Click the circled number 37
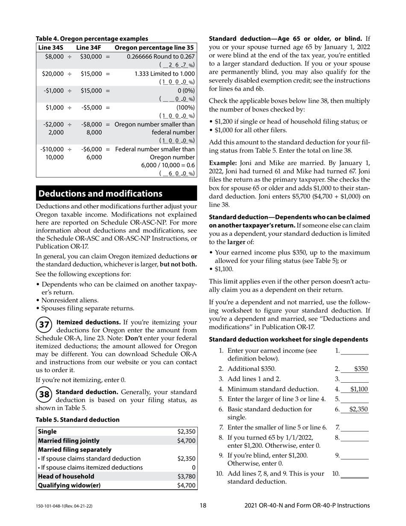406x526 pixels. [x=44, y=325]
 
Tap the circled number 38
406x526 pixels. [x=44, y=394]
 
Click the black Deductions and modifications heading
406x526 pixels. [x=100, y=194]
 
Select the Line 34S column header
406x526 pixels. [x=51, y=47]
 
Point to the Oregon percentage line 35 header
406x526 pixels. [x=154, y=47]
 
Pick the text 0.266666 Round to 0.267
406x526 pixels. [x=161, y=56]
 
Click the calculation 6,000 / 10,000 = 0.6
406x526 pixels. [x=168, y=165]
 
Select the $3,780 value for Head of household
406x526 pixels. [x=186, y=476]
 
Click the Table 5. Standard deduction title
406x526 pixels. [x=77, y=420]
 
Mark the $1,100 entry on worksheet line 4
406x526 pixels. [x=359, y=389]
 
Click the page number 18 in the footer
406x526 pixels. [x=203, y=505]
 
